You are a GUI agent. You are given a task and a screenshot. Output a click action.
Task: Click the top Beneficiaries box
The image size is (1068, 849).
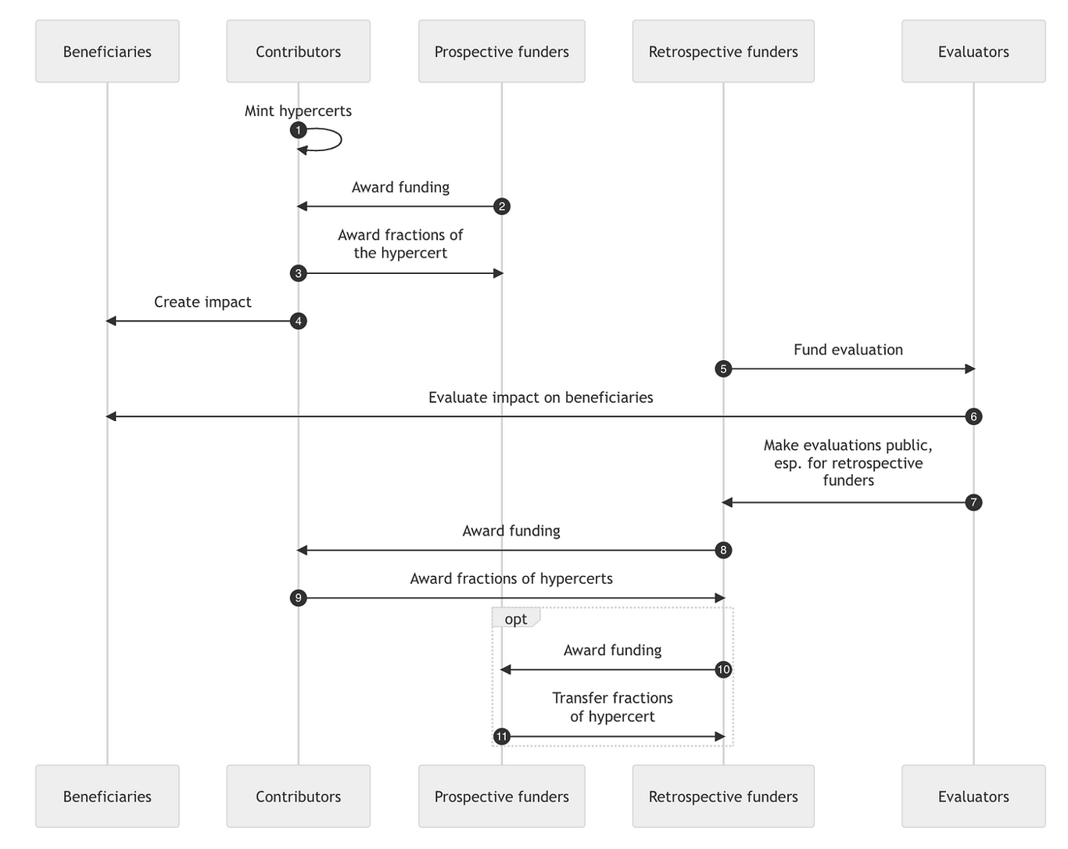click(x=107, y=51)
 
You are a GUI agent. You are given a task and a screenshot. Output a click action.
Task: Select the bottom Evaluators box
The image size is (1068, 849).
click(x=973, y=796)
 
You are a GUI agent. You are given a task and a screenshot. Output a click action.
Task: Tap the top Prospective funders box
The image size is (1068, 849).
click(x=501, y=51)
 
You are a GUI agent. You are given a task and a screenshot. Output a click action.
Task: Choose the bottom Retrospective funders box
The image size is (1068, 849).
click(x=723, y=796)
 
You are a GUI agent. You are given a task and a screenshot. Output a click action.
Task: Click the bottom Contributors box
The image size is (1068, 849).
click(x=298, y=796)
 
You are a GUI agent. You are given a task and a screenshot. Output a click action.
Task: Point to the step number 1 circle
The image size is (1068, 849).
click(x=298, y=130)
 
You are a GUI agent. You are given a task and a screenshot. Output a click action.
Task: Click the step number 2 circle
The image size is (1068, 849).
click(x=502, y=206)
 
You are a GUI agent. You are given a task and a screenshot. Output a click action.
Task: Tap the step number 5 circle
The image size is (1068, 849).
click(x=723, y=369)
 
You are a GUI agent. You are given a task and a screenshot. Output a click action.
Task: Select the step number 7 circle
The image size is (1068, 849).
click(x=973, y=502)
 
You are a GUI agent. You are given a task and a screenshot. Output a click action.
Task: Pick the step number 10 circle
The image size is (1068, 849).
click(x=723, y=669)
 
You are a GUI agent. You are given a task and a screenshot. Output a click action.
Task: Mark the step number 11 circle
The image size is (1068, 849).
click(x=502, y=736)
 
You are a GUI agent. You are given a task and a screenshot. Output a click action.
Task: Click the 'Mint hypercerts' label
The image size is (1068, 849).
click(x=298, y=111)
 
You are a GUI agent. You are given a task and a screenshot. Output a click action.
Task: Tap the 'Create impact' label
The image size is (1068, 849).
click(x=202, y=302)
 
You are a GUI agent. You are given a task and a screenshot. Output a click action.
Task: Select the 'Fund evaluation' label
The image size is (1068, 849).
click(x=848, y=350)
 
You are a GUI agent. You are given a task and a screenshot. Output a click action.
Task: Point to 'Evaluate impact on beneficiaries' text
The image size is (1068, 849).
click(x=540, y=398)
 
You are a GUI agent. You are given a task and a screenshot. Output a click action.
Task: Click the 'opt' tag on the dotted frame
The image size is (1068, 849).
click(x=516, y=618)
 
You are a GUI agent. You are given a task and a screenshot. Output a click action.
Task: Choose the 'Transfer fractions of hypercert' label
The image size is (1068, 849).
click(x=612, y=707)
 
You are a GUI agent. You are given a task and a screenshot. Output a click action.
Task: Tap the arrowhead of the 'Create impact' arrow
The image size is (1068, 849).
click(x=111, y=321)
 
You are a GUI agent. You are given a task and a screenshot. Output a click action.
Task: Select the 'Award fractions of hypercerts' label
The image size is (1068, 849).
click(x=511, y=579)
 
